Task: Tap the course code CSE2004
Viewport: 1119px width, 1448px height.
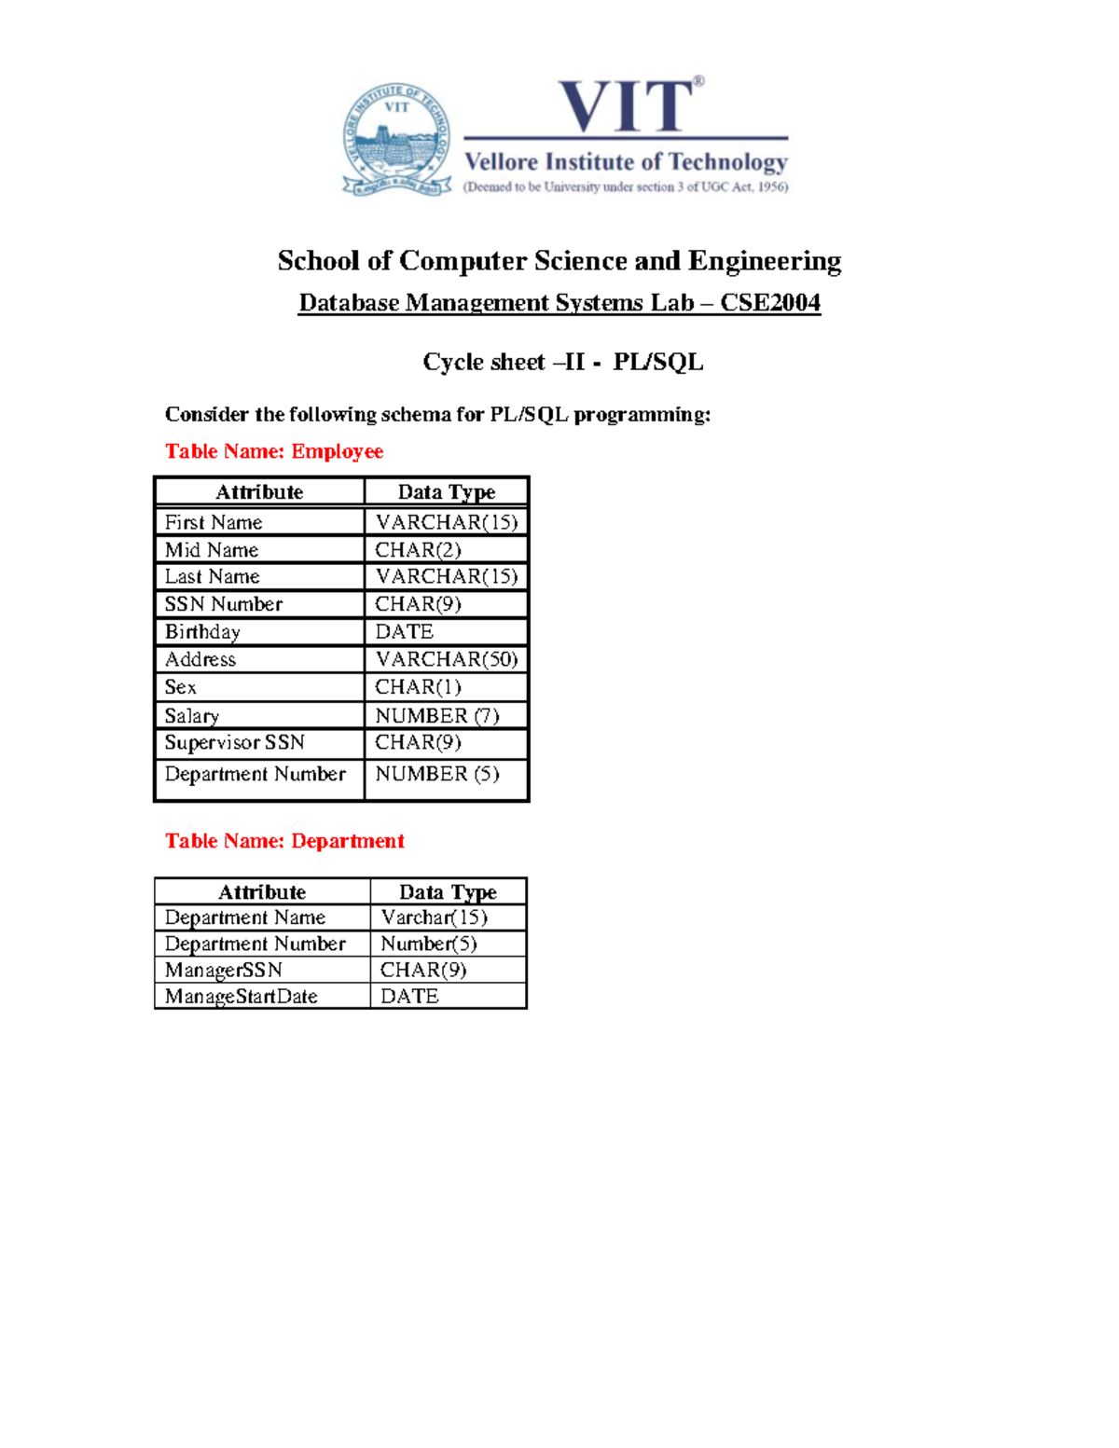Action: click(770, 303)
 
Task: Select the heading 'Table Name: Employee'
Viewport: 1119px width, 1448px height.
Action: click(274, 451)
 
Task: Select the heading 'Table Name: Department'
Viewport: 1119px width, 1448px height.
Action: click(284, 841)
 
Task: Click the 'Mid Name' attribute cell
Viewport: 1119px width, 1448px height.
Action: click(212, 550)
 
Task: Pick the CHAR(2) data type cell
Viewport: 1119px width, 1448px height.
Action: click(418, 550)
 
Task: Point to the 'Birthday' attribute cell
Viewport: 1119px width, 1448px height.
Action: click(202, 632)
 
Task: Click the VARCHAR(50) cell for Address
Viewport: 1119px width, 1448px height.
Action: click(446, 659)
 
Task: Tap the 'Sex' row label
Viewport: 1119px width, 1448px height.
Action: click(181, 687)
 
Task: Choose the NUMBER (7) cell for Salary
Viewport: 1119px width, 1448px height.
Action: click(436, 715)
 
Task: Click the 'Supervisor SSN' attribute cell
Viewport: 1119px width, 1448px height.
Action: click(235, 743)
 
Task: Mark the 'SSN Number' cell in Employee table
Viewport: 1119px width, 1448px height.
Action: click(224, 604)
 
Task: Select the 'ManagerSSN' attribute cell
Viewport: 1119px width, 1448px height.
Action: click(224, 970)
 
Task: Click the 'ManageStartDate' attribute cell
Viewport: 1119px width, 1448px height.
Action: click(242, 997)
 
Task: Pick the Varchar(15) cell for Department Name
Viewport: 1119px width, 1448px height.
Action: click(434, 917)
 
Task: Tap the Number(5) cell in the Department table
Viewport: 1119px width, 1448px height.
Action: click(429, 944)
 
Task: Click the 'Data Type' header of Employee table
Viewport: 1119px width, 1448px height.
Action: click(446, 492)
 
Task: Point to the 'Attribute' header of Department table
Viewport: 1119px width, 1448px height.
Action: click(262, 892)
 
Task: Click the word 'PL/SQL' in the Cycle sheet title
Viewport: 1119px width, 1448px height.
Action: click(657, 362)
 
